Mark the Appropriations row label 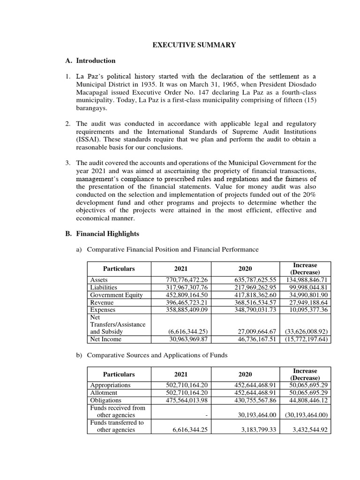[110, 385]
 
